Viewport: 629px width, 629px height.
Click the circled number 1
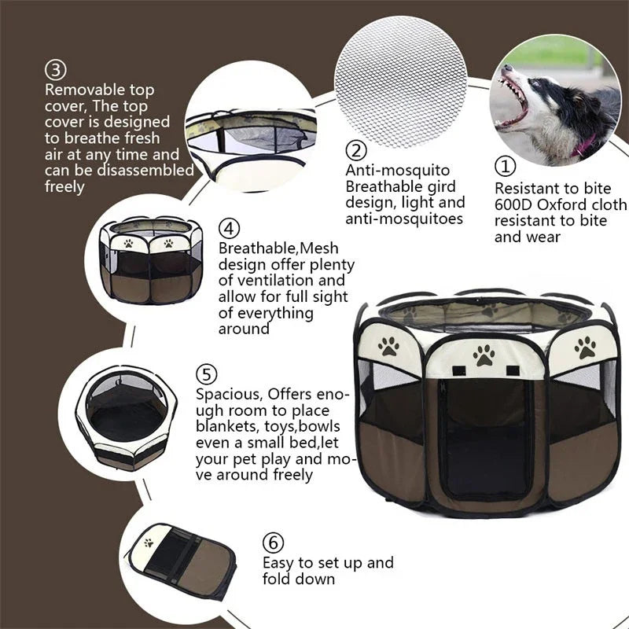click(505, 167)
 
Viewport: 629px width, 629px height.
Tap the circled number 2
click(357, 149)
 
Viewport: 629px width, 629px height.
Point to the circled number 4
click(228, 229)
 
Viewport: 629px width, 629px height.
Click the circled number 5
click(207, 374)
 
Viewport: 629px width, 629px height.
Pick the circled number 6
click(272, 543)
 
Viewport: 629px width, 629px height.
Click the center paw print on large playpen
click(483, 355)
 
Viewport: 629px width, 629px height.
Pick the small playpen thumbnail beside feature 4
click(151, 262)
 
